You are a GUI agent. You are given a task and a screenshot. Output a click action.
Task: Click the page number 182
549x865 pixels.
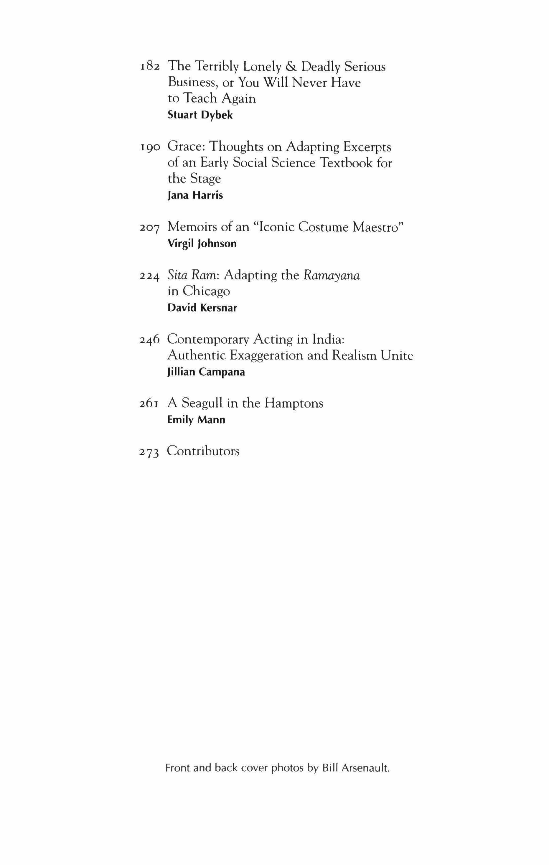coord(149,67)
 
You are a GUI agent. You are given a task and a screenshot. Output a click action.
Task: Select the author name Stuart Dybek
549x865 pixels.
coord(200,115)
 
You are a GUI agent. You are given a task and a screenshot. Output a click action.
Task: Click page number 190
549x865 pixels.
coord(149,147)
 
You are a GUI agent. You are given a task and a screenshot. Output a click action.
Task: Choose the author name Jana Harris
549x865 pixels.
coord(195,195)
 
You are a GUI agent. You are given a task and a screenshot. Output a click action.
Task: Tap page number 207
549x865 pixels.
coord(149,228)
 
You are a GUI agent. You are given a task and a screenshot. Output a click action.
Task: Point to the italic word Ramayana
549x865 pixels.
coord(332,276)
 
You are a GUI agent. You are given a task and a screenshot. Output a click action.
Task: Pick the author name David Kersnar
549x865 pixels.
coord(202,308)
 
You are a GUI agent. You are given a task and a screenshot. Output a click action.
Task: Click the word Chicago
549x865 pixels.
coord(206,291)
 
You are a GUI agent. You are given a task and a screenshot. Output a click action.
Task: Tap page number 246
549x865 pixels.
coord(149,340)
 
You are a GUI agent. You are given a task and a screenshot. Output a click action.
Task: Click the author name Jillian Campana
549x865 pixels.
coord(206,372)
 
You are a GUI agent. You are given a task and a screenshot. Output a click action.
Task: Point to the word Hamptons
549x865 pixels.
coord(294,403)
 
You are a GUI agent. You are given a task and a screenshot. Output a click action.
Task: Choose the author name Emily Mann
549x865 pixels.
coord(196,420)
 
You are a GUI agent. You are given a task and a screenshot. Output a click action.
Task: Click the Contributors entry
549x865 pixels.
coord(203,451)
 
